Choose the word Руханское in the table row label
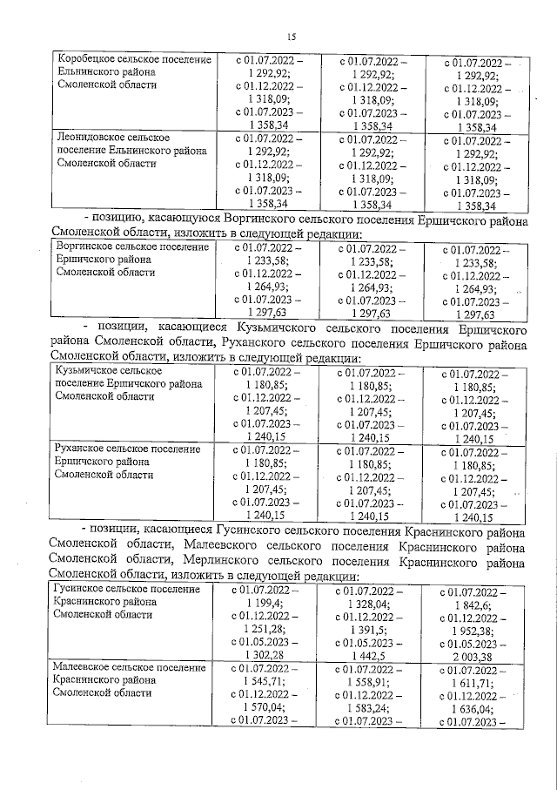pyautogui.click(x=83, y=449)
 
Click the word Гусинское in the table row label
pyautogui.click(x=80, y=590)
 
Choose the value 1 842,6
pyautogui.click(x=475, y=604)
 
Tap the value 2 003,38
pyautogui.click(x=475, y=656)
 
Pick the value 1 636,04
pyautogui.click(x=475, y=708)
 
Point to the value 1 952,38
pyautogui.click(x=475, y=631)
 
